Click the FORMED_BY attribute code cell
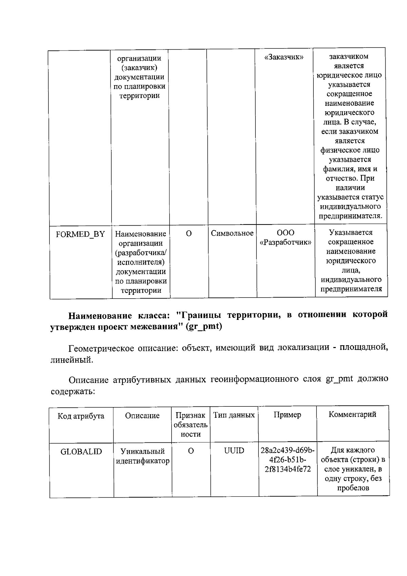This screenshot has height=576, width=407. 80,234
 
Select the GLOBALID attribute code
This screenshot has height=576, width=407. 81,452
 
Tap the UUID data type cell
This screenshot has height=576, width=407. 234,451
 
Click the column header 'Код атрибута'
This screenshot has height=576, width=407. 81,416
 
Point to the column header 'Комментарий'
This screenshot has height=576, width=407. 352,414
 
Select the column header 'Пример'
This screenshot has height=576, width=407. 287,415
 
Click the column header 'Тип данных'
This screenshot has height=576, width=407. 234,415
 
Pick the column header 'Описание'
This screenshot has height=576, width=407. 142,416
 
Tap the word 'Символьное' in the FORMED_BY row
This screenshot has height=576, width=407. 232,233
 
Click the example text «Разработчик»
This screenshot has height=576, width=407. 286,242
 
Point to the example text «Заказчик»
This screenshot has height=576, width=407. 284,57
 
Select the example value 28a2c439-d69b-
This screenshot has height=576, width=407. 288,450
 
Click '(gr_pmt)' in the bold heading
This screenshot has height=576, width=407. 205,327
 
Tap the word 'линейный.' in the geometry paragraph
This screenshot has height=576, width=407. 72,360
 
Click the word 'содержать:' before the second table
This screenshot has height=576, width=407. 73,391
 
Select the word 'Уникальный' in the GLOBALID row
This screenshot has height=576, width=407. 143,452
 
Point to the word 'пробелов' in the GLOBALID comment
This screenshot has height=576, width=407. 353,488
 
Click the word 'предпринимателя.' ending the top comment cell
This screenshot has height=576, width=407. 351,216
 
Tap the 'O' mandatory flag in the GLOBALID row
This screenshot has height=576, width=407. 191,451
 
